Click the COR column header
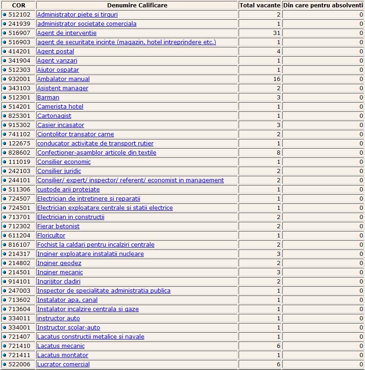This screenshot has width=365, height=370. (18, 6)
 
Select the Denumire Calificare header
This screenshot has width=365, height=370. (137, 6)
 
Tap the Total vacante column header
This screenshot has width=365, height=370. (260, 6)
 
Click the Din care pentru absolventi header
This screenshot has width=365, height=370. (323, 6)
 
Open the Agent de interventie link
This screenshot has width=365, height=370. (67, 33)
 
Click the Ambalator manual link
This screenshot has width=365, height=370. (63, 79)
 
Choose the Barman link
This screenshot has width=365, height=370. (48, 98)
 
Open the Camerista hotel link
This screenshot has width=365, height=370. (60, 107)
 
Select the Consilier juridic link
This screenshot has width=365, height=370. (59, 171)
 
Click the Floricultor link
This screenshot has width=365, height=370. (51, 236)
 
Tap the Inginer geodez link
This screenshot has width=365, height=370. (59, 263)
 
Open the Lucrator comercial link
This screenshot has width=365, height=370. (63, 364)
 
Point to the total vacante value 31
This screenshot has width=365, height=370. (276, 33)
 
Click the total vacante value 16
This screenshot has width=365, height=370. (276, 79)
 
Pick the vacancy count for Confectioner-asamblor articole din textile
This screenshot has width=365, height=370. (278, 153)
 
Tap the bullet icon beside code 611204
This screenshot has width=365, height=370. (5, 236)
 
